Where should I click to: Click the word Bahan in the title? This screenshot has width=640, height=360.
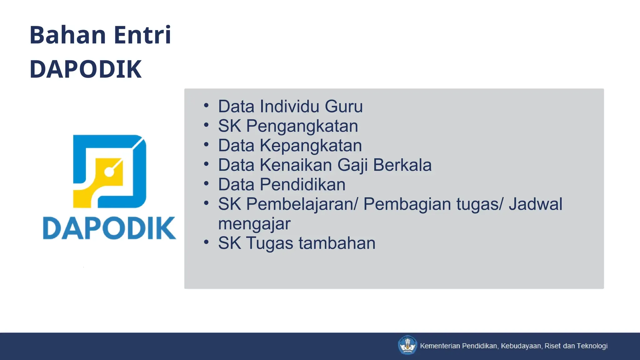click(x=67, y=35)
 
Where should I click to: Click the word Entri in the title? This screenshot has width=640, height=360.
click(x=142, y=35)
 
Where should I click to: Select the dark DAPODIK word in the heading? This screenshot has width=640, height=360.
click(x=86, y=69)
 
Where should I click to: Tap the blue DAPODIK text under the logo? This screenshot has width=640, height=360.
click(x=109, y=228)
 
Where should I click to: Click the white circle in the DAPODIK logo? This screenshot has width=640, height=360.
click(x=109, y=172)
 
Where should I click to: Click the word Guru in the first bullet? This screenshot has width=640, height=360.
click(x=344, y=107)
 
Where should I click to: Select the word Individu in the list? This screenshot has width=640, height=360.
click(x=289, y=107)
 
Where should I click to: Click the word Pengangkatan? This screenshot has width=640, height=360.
click(x=302, y=126)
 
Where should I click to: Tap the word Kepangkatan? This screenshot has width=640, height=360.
click(x=311, y=146)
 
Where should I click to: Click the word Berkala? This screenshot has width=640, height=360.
click(x=402, y=165)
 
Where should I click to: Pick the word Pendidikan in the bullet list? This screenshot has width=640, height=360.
click(x=302, y=185)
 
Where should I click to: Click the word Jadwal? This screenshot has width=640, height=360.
click(x=535, y=204)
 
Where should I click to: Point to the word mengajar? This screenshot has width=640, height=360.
click(x=254, y=224)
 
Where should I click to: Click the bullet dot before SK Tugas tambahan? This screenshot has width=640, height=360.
click(x=206, y=242)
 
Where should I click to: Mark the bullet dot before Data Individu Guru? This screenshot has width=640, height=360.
click(x=206, y=105)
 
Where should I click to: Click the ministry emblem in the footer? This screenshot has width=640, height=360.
click(x=407, y=345)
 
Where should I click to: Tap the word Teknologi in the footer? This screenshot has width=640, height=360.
click(x=592, y=346)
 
